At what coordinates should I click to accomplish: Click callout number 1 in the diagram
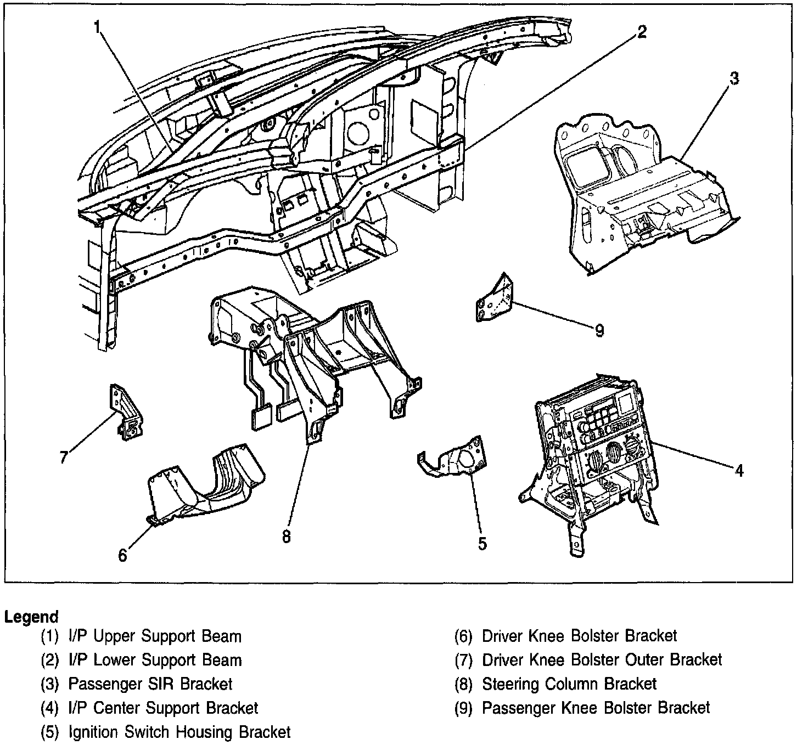[98, 27]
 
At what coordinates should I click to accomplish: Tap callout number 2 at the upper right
[641, 32]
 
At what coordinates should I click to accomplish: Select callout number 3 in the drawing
[733, 78]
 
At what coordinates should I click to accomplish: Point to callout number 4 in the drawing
[739, 470]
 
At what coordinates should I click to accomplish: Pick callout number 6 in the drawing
[122, 555]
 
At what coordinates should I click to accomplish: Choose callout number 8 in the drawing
[286, 536]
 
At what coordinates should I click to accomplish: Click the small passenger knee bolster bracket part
[495, 301]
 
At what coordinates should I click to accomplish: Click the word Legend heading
[31, 617]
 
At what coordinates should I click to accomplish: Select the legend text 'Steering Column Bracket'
[569, 684]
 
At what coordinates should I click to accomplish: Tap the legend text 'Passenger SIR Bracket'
[150, 684]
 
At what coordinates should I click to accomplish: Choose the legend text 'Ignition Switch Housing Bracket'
[179, 732]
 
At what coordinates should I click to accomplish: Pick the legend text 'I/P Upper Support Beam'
[154, 636]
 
